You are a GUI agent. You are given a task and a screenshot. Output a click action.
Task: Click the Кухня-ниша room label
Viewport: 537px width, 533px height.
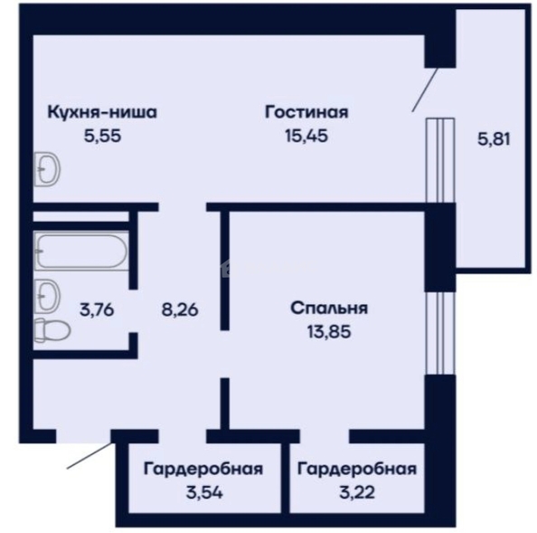102,112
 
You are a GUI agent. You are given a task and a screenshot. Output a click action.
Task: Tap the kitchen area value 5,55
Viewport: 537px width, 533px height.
102,136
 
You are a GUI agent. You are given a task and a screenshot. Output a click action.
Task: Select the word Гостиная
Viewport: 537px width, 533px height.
306,112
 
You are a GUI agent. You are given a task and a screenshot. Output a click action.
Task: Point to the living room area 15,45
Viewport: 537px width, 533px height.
306,136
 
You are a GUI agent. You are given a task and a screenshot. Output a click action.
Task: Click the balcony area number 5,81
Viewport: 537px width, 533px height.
494,139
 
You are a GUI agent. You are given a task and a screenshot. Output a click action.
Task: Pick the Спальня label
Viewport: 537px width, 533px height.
329,309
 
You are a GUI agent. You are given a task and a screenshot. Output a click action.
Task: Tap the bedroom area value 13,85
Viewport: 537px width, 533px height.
329,332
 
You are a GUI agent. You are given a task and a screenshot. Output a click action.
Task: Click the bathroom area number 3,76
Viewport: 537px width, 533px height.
97,310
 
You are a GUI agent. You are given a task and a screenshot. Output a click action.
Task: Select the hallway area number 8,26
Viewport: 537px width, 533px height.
180,309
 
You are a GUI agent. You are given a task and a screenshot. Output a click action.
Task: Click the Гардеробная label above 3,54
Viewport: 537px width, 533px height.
203,470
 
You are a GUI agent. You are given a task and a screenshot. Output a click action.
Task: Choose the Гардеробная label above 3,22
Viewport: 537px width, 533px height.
357,470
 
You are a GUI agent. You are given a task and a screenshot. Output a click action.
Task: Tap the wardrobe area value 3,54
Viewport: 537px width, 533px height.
204,492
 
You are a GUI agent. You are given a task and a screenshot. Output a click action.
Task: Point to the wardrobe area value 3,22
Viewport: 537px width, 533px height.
357,492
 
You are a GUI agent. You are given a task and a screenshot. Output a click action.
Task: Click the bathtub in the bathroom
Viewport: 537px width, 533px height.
81,252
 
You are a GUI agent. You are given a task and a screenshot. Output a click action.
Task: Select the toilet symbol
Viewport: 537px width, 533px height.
52,329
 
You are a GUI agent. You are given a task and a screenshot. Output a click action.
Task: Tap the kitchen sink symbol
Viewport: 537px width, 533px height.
47,169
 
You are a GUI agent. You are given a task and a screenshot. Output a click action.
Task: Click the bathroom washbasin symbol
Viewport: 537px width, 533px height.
47,296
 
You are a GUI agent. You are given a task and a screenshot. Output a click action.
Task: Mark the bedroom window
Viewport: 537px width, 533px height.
440,333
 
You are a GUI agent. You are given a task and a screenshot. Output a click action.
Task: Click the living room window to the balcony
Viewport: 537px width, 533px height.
440,160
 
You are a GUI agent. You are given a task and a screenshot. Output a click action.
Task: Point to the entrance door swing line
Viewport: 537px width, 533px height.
89,455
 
